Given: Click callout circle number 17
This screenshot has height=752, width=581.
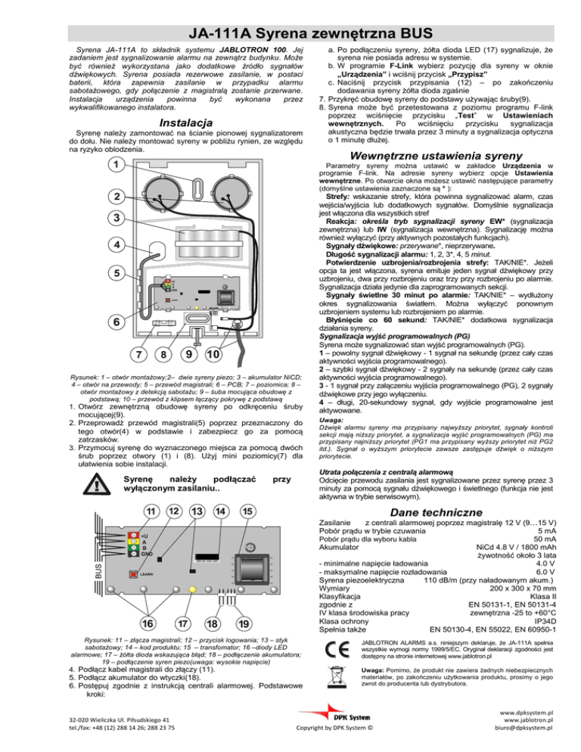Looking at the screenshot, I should click(183, 623).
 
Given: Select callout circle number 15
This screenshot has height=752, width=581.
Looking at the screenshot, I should click(247, 511).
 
